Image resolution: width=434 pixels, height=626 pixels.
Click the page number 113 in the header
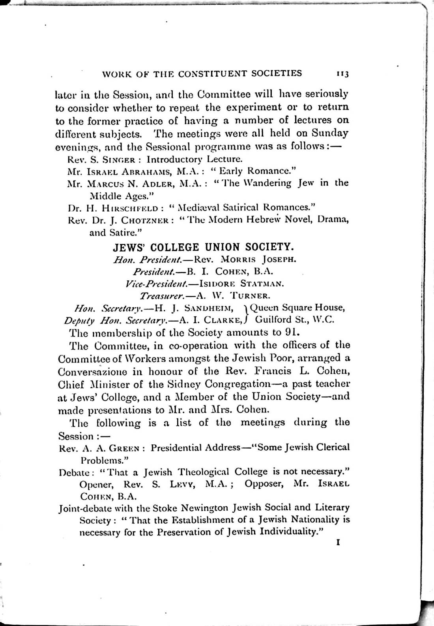[x=340, y=74]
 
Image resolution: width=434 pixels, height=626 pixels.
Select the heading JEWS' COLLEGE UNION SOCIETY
[x=203, y=247]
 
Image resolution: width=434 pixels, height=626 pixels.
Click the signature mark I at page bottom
[x=338, y=543]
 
